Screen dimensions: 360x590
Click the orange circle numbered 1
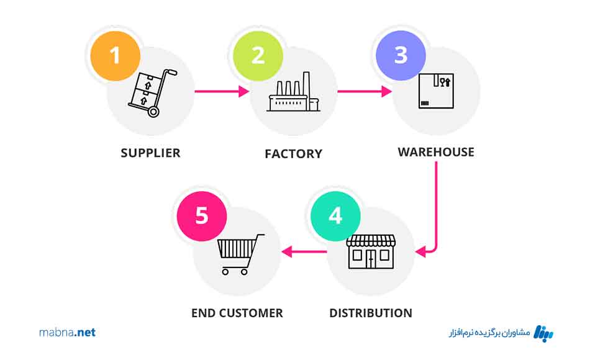tap(114, 55)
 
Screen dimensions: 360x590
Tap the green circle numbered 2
tap(257, 55)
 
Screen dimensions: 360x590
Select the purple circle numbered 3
tap(401, 55)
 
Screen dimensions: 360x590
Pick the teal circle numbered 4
tap(335, 216)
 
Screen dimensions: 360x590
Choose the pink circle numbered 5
tap(202, 216)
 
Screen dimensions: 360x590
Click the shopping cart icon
tap(239, 254)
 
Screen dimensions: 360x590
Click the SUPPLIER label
tap(150, 153)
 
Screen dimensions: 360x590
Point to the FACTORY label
tap(293, 153)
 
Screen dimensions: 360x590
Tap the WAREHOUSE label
tap(436, 152)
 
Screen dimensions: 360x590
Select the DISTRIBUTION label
tap(370, 313)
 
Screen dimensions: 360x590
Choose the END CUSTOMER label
tap(237, 313)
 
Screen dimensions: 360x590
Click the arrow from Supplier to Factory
tap(222, 92)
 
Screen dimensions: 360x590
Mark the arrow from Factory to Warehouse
tap(365, 92)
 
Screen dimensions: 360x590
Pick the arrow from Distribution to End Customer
tap(305, 251)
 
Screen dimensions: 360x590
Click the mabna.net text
tap(67, 333)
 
